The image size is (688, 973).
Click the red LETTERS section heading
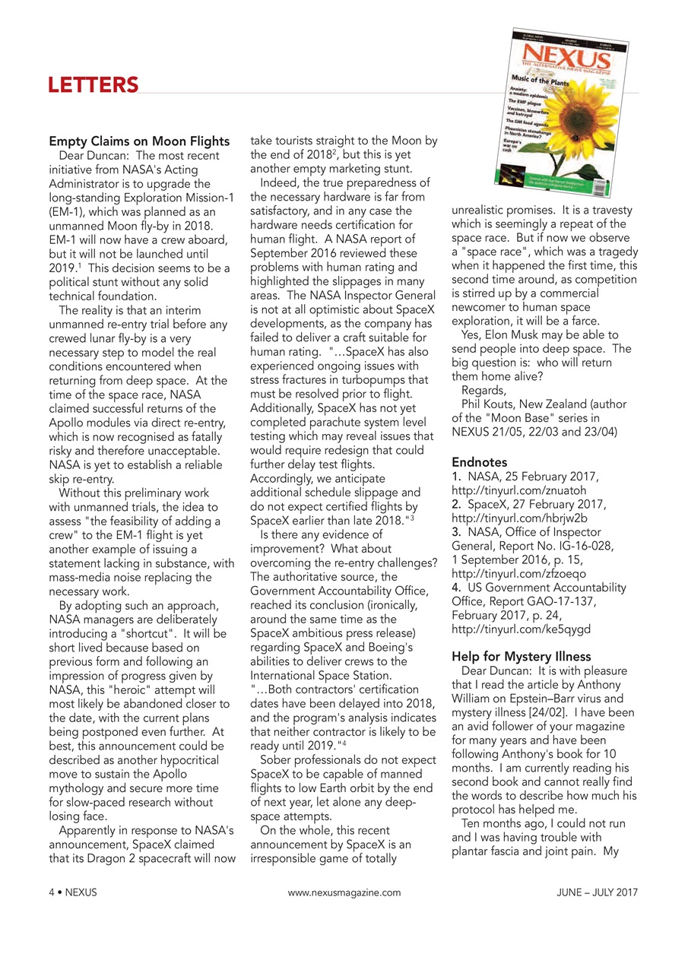[94, 84]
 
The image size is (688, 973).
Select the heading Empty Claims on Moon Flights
[139, 141]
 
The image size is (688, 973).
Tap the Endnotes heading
[480, 461]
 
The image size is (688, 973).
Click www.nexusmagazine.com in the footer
[344, 892]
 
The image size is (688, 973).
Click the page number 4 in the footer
[52, 892]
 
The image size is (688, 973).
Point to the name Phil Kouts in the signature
[487, 404]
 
